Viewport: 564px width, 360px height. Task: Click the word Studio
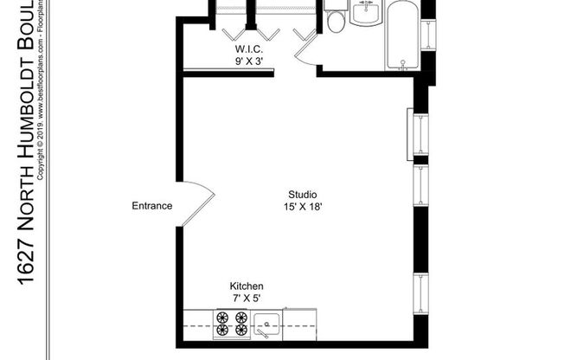(x=302, y=194)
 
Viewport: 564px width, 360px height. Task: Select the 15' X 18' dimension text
(x=302, y=207)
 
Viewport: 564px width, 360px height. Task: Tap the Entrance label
(x=151, y=206)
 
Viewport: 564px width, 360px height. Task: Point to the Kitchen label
(x=246, y=286)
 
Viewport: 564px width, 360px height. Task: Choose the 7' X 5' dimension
(x=246, y=299)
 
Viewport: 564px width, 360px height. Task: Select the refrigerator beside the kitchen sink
(x=301, y=323)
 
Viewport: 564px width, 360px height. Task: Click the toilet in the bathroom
(x=336, y=20)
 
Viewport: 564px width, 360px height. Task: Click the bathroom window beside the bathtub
(x=426, y=35)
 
